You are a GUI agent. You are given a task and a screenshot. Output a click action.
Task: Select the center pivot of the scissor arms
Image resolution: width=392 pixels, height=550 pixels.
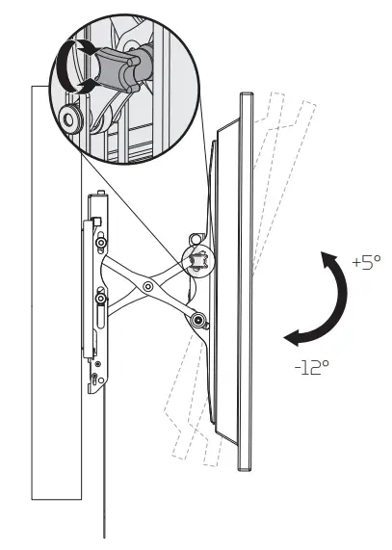point(147,286)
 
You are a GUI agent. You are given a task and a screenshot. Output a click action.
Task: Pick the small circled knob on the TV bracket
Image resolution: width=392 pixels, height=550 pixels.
point(200,259)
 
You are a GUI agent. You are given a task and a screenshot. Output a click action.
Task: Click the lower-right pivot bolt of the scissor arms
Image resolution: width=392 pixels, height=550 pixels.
point(196,321)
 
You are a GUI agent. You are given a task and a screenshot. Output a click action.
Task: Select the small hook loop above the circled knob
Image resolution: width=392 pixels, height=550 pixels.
point(197,234)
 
